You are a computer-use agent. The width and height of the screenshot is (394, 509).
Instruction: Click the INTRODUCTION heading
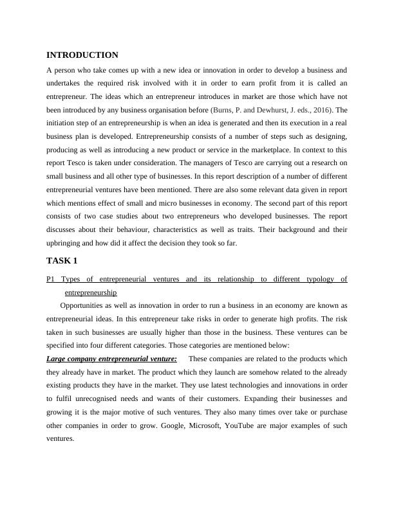[82, 55]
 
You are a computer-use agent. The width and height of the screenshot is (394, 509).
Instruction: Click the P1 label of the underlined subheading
[52, 279]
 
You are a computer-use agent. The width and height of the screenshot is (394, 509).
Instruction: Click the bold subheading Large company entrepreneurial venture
[111, 359]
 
